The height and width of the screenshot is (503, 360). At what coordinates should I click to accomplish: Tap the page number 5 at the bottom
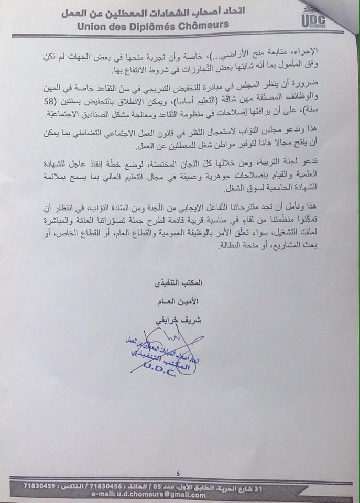(178, 473)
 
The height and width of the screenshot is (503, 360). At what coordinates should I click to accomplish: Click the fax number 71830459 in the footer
(40, 486)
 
